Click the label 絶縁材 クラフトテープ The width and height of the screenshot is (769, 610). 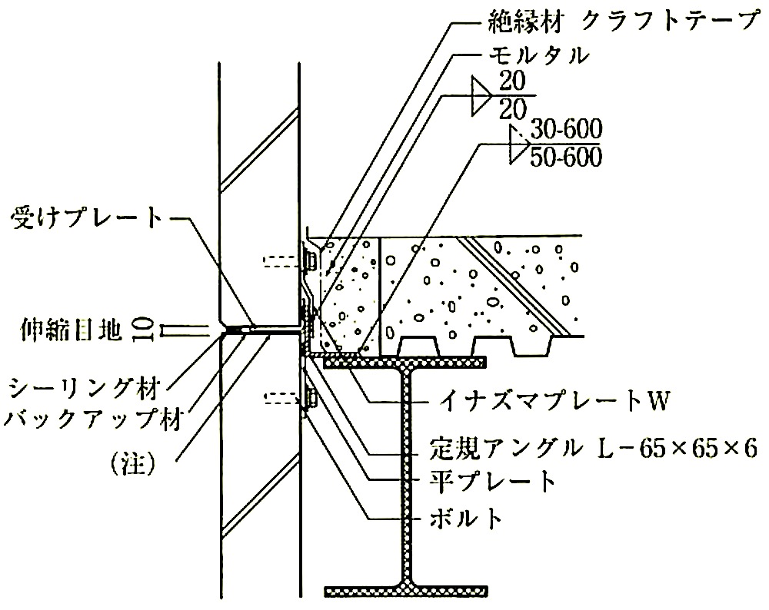pyautogui.click(x=623, y=22)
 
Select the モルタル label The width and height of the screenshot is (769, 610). pyautogui.click(x=538, y=55)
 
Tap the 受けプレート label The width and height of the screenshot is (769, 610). pyautogui.click(x=86, y=218)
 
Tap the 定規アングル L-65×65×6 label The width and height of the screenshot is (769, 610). pyautogui.click(x=594, y=449)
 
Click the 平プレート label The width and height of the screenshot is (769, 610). pyautogui.click(x=492, y=482)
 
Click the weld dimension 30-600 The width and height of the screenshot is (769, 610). pyautogui.click(x=566, y=130)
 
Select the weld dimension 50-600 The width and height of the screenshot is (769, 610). pyautogui.click(x=566, y=157)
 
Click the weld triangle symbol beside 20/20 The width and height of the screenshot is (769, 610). pyautogui.click(x=480, y=95)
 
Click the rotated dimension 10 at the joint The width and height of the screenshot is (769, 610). pyautogui.click(x=141, y=330)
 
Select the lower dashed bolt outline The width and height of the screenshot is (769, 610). pyautogui.click(x=281, y=397)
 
